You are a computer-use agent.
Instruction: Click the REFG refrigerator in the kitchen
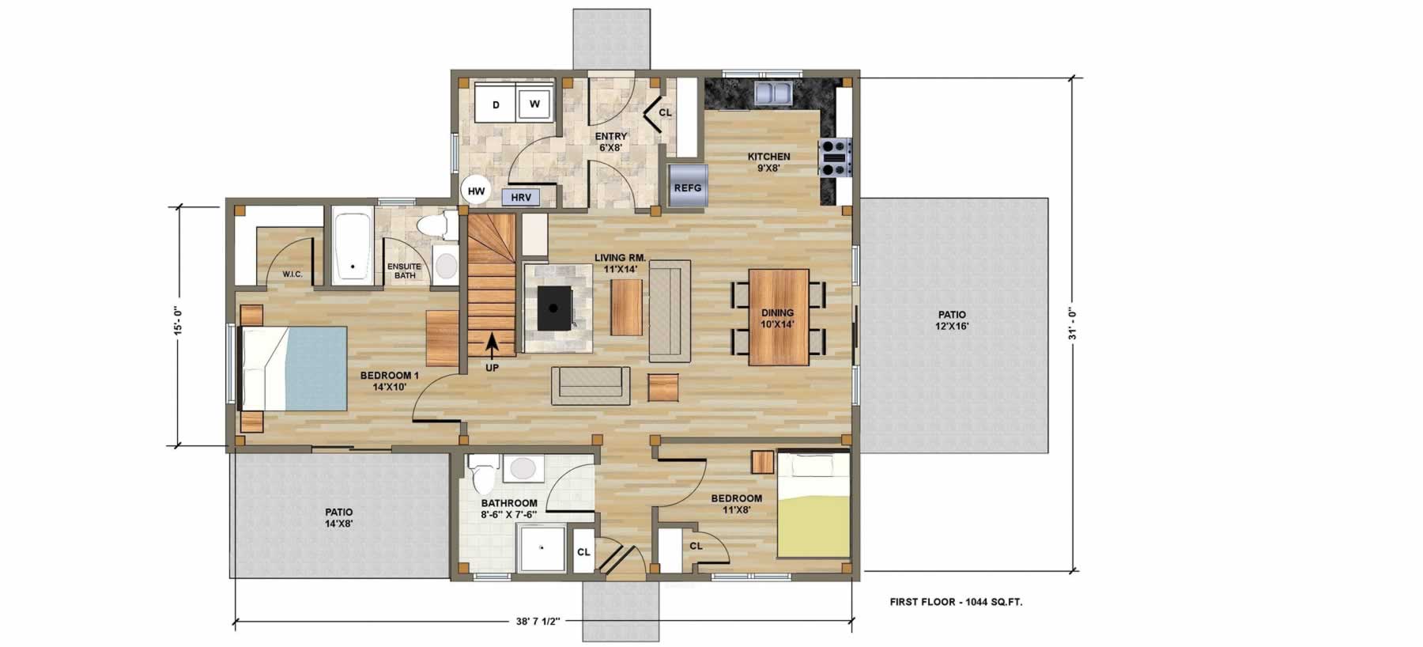point(687,187)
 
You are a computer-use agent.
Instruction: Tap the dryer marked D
point(496,104)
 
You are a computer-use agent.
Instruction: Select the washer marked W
point(534,104)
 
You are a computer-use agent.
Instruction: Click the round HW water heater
point(476,191)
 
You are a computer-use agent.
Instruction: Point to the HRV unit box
point(521,197)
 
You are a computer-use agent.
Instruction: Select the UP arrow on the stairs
point(492,345)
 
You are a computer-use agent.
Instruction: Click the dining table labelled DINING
point(779,317)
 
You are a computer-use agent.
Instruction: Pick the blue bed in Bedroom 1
point(293,369)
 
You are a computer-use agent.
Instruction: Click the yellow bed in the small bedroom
point(813,505)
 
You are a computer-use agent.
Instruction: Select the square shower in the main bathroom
point(542,549)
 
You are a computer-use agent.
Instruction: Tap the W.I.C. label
point(293,274)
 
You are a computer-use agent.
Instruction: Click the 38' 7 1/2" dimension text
point(533,622)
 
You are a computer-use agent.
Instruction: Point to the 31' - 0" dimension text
point(1072,323)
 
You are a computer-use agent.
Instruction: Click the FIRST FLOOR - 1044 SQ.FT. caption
point(956,602)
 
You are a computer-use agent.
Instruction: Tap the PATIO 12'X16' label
point(952,320)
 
